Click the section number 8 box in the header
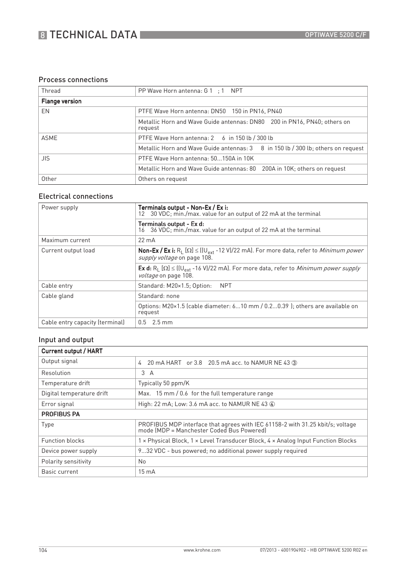click(x=43, y=35)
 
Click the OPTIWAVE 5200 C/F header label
click(x=335, y=35)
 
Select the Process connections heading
click(x=73, y=80)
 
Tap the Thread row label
click(x=51, y=91)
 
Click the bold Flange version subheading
click(x=61, y=101)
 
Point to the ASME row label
click(x=49, y=138)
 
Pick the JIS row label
click(x=46, y=158)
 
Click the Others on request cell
click(x=163, y=179)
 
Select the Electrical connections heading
click(x=76, y=196)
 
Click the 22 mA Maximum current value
click(x=147, y=240)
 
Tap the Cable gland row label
click(x=57, y=296)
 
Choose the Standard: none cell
click(x=159, y=296)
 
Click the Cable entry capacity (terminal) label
click(x=83, y=322)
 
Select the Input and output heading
click(x=66, y=340)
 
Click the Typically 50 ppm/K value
click(x=164, y=383)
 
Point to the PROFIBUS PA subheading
click(x=60, y=414)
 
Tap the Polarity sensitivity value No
click(x=142, y=461)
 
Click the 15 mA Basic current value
click(x=147, y=472)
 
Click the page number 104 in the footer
click(x=43, y=550)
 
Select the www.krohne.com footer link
click(x=202, y=550)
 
